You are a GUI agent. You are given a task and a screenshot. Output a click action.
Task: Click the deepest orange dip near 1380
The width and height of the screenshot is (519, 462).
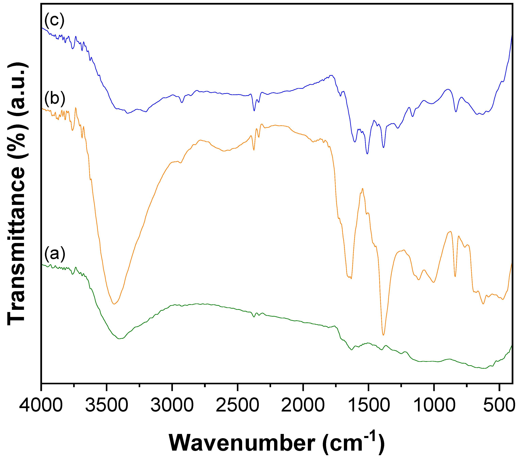pyautogui.click(x=383, y=335)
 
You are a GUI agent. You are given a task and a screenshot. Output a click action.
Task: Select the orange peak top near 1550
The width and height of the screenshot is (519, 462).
pyautogui.click(x=362, y=189)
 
